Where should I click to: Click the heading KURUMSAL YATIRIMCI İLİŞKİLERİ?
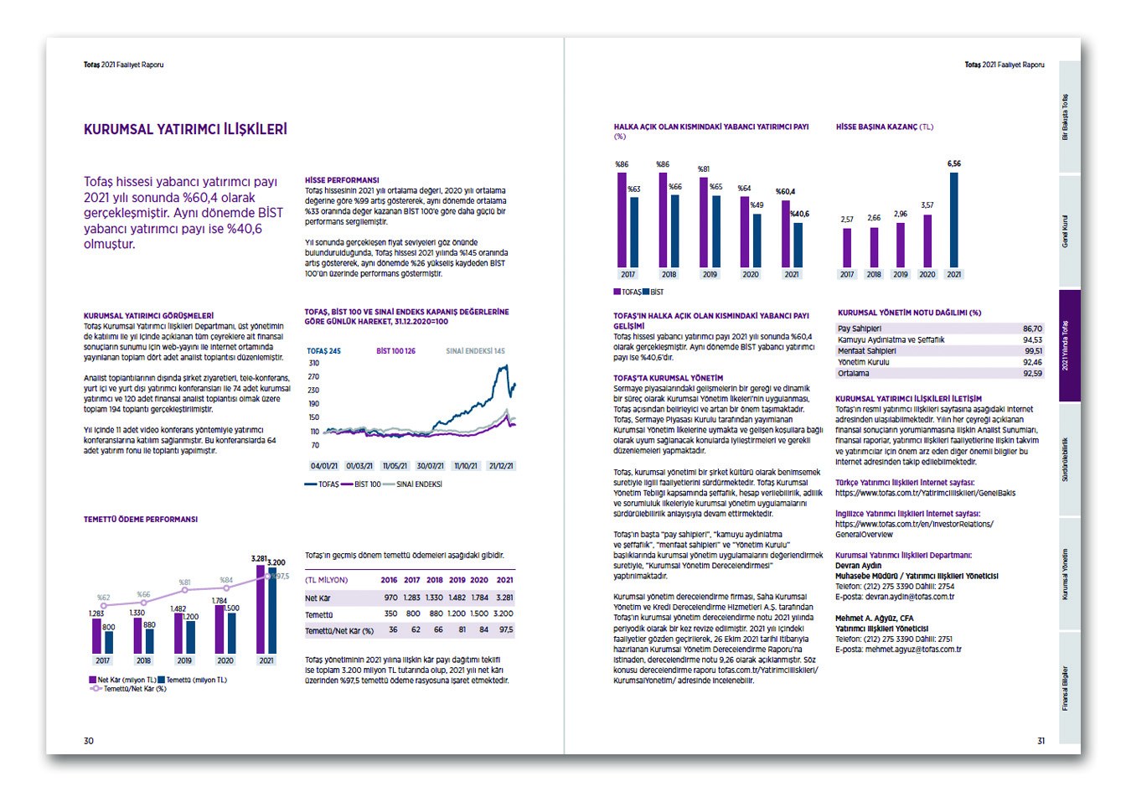[185, 129]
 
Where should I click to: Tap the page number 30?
[89, 740]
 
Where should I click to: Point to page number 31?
[1041, 740]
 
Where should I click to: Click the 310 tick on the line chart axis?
[314, 363]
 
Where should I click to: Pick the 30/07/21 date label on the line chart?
[429, 465]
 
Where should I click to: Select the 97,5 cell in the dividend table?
[504, 630]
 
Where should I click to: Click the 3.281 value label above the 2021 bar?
[259, 558]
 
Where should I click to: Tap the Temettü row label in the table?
[319, 614]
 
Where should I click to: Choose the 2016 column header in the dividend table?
[389, 580]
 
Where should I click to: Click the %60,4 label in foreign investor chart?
[785, 192]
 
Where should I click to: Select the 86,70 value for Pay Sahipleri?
[1032, 329]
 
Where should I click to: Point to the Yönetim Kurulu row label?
[863, 362]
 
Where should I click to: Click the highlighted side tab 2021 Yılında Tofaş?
[1070, 346]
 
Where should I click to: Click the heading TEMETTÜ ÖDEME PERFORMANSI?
[141, 520]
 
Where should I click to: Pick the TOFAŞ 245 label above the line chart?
[323, 351]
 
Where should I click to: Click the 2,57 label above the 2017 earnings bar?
[847, 220]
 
